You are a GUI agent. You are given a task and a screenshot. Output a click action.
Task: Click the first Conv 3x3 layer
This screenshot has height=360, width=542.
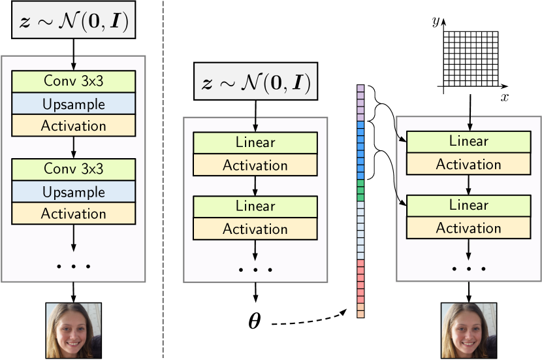(x=73, y=81)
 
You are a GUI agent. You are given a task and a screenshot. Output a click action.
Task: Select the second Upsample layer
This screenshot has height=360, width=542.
(x=73, y=192)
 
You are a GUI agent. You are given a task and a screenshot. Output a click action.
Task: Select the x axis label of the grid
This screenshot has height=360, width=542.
(x=504, y=97)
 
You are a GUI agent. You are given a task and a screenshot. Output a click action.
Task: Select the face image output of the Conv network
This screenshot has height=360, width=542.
(x=73, y=330)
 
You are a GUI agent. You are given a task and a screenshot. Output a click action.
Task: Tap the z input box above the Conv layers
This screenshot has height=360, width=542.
(x=73, y=25)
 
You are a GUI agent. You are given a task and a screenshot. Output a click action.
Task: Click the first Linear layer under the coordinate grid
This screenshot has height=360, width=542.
(x=469, y=140)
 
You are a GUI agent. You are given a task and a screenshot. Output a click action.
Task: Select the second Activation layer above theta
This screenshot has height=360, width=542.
(x=255, y=229)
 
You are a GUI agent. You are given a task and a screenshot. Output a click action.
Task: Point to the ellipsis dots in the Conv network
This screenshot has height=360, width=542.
(x=73, y=266)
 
